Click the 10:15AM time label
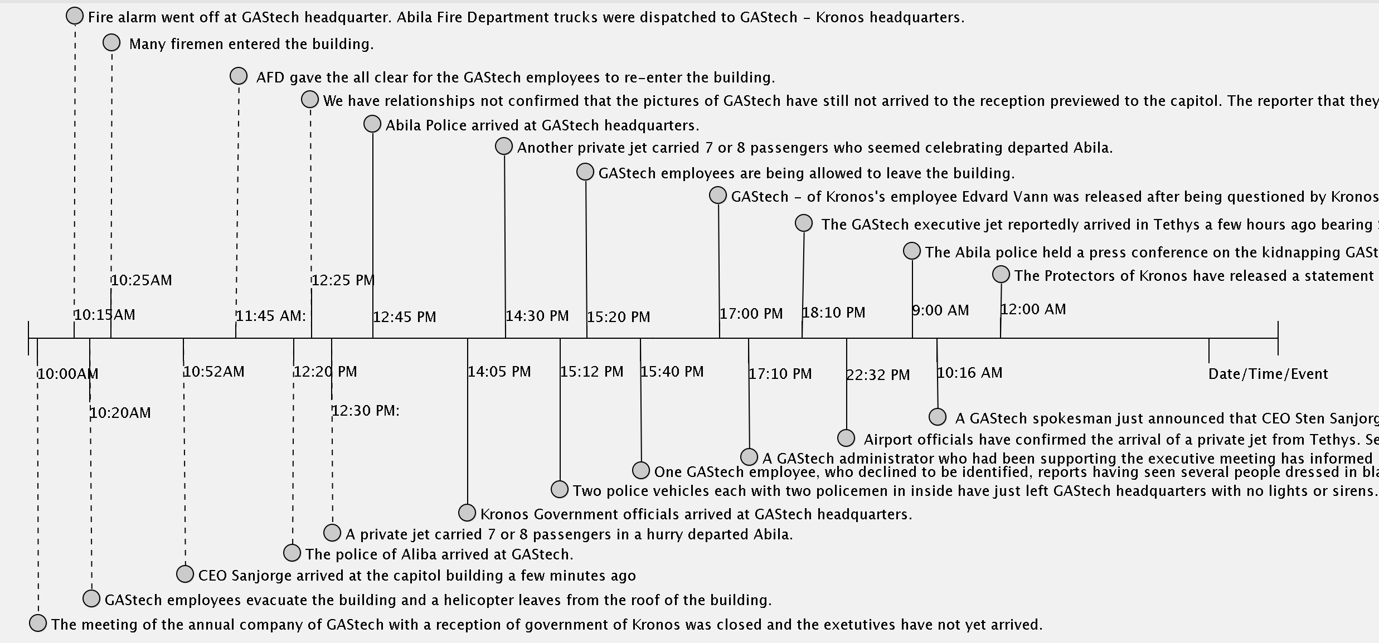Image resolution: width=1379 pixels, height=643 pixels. tap(105, 315)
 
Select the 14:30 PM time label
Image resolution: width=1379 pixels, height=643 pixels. tap(537, 316)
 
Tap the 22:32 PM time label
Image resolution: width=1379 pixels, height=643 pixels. tap(878, 375)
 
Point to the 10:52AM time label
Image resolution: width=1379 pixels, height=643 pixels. tap(214, 372)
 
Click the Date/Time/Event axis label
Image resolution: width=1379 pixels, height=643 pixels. tap(1268, 374)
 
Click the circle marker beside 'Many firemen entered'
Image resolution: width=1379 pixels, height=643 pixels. tap(111, 43)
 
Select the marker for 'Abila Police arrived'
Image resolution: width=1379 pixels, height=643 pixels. tap(372, 124)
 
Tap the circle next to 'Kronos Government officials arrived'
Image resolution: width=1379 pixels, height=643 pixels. tap(467, 513)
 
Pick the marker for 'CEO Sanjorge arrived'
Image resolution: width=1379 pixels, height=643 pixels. tap(185, 574)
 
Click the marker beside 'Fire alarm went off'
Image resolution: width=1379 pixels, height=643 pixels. tap(75, 16)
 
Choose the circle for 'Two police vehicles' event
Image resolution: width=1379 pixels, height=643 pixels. tap(560, 489)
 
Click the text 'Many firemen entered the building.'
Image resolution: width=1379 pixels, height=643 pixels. tap(251, 45)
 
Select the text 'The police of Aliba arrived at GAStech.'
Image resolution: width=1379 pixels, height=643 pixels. tap(439, 554)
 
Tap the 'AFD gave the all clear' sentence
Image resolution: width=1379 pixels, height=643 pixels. tap(516, 77)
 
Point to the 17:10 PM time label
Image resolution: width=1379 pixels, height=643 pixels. tap(780, 374)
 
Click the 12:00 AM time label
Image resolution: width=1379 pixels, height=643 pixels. tap(1033, 310)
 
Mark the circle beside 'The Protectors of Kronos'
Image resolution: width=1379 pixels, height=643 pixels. tap(1001, 274)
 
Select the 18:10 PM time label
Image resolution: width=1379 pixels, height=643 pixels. tap(834, 313)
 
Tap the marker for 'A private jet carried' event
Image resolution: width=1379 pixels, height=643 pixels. tap(332, 533)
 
